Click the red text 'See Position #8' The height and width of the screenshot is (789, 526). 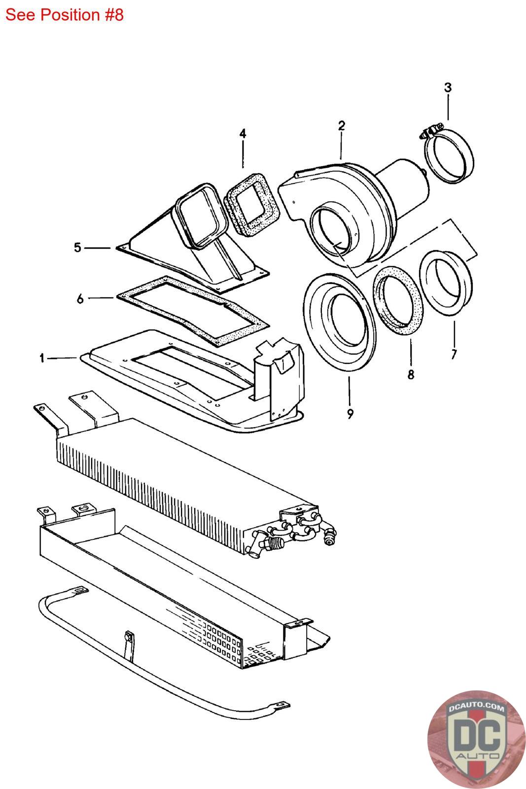click(65, 15)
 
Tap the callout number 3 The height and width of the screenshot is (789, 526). click(448, 87)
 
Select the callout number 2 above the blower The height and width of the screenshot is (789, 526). click(342, 126)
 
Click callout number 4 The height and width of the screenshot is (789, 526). click(243, 134)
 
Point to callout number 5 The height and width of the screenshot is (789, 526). click(77, 248)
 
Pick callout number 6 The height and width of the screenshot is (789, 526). click(80, 299)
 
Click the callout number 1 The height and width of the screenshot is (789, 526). click(42, 358)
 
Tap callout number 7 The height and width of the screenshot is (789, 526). click(454, 354)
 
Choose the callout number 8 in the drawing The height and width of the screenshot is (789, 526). click(411, 374)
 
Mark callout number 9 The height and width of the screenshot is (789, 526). click(350, 414)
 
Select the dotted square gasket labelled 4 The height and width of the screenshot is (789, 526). click(252, 204)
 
